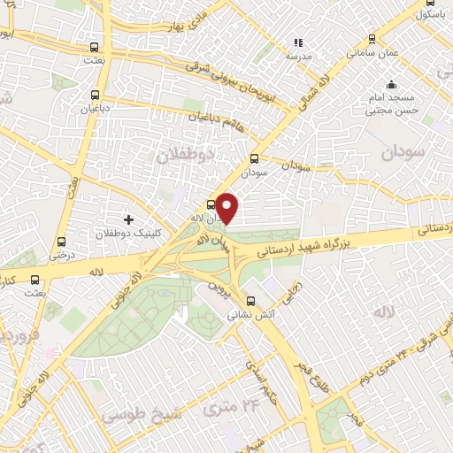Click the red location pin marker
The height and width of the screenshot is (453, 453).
(228, 207)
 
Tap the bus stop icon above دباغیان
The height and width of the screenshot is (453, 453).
(94, 94)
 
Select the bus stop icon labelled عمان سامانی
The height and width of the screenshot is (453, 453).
(372, 40)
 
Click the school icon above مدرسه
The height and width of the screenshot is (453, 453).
(298, 42)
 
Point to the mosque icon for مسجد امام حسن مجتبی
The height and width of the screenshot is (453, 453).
(391, 87)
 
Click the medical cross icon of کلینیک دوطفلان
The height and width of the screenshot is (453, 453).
(129, 219)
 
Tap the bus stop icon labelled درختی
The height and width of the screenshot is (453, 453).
(61, 241)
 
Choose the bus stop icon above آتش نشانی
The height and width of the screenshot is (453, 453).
(251, 300)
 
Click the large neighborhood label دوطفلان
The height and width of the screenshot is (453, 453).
(187, 156)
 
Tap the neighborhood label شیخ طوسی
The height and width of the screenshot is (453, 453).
(133, 414)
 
